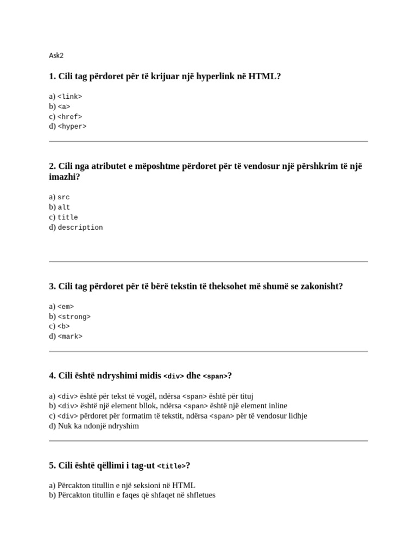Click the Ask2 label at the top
click(56, 55)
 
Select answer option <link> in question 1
click(69, 97)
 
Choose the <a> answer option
click(64, 106)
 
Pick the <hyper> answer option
click(72, 127)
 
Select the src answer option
click(64, 197)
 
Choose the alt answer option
click(64, 207)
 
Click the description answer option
click(80, 228)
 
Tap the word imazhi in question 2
click(62, 178)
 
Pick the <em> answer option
click(66, 307)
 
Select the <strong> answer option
click(74, 317)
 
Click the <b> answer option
click(64, 326)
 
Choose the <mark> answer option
click(70, 337)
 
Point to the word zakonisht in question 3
click(323, 287)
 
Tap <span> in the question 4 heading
click(215, 377)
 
